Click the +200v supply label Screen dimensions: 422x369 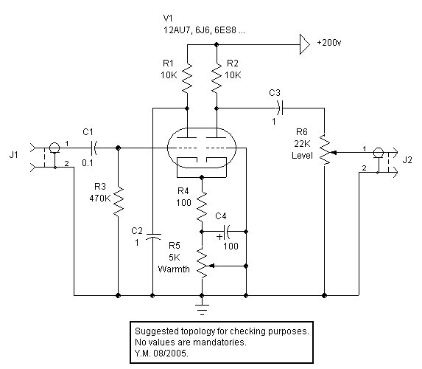tap(329, 43)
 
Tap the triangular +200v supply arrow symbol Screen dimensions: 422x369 tap(305, 44)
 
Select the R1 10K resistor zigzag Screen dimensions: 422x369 tap(187, 78)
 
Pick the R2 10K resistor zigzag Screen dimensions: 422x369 tap(217, 78)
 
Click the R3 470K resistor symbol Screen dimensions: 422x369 tap(118, 201)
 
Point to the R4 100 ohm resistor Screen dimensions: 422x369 tap(202, 207)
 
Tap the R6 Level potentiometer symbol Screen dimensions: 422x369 tap(326, 149)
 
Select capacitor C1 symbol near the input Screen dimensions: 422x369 tap(94, 148)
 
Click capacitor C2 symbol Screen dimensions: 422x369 tap(152, 237)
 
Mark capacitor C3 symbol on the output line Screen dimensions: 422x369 tap(280, 108)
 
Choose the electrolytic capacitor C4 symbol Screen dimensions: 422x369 tap(225, 232)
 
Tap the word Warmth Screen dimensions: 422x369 tap(174, 269)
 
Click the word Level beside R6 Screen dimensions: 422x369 tap(302, 156)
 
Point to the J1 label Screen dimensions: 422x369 tap(14, 154)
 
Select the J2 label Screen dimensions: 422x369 tap(407, 160)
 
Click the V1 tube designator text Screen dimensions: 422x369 tap(168, 18)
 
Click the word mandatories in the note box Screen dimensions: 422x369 tap(219, 342)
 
